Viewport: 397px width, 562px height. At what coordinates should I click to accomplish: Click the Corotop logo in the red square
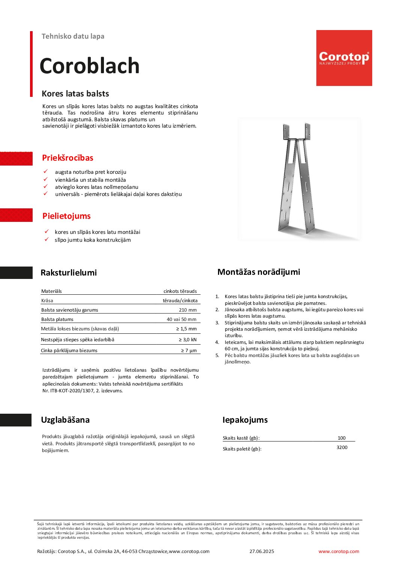(x=344, y=58)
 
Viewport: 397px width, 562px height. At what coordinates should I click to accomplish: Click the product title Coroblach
(x=89, y=66)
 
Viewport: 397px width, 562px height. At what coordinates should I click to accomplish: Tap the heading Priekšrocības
(x=68, y=158)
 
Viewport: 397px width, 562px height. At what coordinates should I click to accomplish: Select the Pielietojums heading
(x=66, y=216)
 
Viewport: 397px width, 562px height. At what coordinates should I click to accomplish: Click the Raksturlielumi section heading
(x=69, y=273)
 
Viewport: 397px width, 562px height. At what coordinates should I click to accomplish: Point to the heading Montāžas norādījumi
(x=259, y=272)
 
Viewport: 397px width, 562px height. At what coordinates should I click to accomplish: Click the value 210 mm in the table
(x=188, y=310)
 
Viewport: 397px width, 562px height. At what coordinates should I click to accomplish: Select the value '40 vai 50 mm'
(x=181, y=319)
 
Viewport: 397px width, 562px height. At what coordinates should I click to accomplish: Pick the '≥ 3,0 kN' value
(x=187, y=340)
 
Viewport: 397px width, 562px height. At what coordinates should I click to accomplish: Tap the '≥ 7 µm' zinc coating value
(x=188, y=351)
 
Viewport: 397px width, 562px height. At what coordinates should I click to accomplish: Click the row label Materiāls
(x=51, y=291)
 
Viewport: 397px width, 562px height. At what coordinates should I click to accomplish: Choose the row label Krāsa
(x=47, y=301)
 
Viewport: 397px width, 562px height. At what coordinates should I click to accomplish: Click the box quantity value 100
(x=341, y=438)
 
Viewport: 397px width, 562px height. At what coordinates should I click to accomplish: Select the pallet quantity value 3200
(x=342, y=447)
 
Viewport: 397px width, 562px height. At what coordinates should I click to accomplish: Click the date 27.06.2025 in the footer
(x=262, y=551)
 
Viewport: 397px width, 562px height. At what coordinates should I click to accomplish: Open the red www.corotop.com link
(x=338, y=551)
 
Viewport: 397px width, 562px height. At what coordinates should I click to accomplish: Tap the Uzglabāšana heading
(x=65, y=420)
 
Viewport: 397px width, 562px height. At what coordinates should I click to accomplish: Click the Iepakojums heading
(x=245, y=420)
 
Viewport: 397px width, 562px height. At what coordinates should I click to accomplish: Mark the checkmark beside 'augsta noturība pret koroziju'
(x=46, y=172)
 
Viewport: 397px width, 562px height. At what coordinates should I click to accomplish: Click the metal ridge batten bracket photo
(x=299, y=179)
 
